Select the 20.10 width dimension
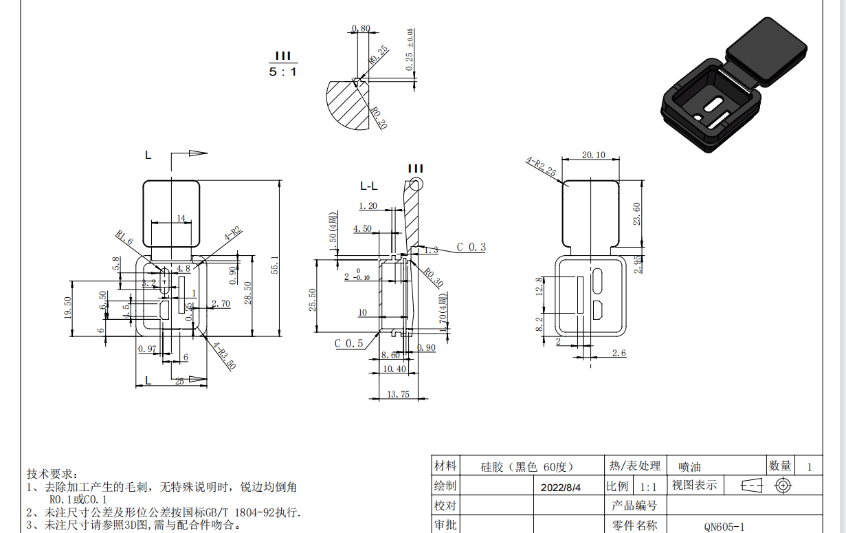(593, 155)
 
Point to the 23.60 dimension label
(637, 214)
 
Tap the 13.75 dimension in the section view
(399, 394)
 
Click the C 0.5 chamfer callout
(349, 343)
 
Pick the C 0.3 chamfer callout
(471, 248)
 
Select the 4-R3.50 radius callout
(224, 356)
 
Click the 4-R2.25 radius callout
(541, 167)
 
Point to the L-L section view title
(369, 186)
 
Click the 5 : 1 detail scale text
(282, 72)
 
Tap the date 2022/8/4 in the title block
(561, 487)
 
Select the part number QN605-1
(724, 527)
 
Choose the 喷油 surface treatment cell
(689, 467)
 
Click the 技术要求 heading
(52, 475)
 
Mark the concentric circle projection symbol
(782, 486)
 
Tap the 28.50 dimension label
(248, 293)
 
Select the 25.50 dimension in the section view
(313, 299)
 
